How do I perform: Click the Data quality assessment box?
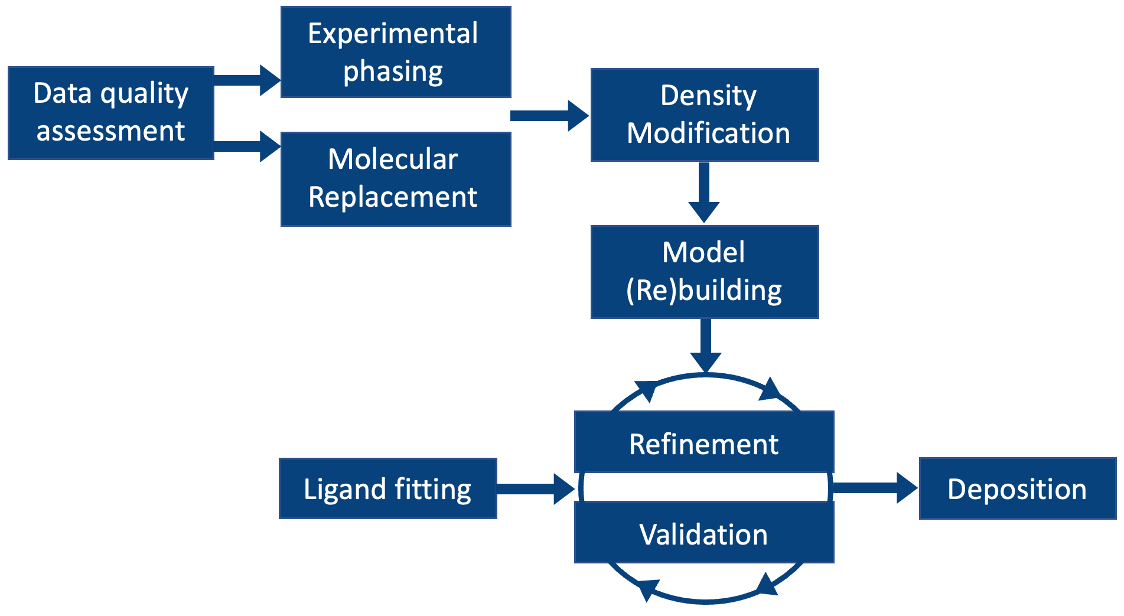pyautogui.click(x=111, y=113)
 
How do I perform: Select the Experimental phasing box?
pyautogui.click(x=396, y=52)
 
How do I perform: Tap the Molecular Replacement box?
pyautogui.click(x=396, y=179)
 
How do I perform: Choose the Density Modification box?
pyautogui.click(x=705, y=115)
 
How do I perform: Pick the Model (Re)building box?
pyautogui.click(x=705, y=272)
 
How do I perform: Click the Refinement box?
pyautogui.click(x=704, y=443)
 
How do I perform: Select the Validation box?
pyautogui.click(x=704, y=533)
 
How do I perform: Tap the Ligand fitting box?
pyautogui.click(x=387, y=488)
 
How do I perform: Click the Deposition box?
pyautogui.click(x=1017, y=488)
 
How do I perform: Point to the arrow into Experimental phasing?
pyautogui.click(x=247, y=80)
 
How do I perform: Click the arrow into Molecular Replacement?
pyautogui.click(x=247, y=146)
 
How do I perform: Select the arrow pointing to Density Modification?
pyautogui.click(x=549, y=115)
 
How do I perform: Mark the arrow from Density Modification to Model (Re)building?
pyautogui.click(x=704, y=192)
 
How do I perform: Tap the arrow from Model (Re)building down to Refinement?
pyautogui.click(x=706, y=346)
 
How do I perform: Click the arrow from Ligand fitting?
pyautogui.click(x=535, y=488)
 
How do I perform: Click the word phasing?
pyautogui.click(x=393, y=71)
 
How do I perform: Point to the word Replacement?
pyautogui.click(x=393, y=197)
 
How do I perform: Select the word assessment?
pyautogui.click(x=111, y=131)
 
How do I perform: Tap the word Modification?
pyautogui.click(x=708, y=133)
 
